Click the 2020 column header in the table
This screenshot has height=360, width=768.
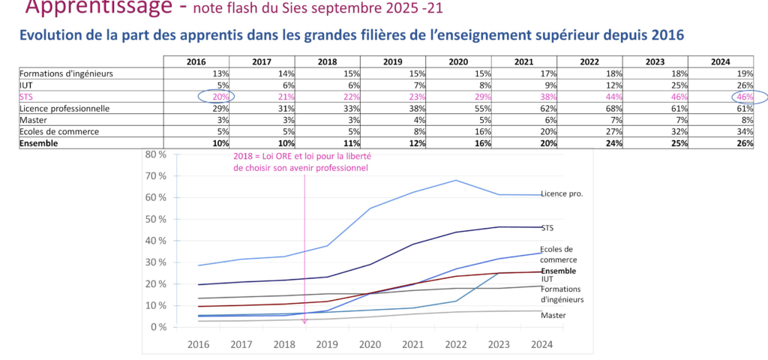click(460, 61)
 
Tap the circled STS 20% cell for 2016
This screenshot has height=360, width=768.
click(217, 97)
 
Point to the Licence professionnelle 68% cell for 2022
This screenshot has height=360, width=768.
click(612, 108)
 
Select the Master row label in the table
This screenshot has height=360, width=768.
click(34, 120)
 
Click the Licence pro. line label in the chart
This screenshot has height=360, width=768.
click(562, 193)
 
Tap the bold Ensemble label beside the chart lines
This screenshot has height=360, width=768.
click(558, 271)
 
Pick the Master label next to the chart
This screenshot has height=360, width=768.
click(553, 315)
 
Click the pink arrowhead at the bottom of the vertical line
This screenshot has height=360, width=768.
click(304, 322)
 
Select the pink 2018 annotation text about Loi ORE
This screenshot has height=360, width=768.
click(303, 162)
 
